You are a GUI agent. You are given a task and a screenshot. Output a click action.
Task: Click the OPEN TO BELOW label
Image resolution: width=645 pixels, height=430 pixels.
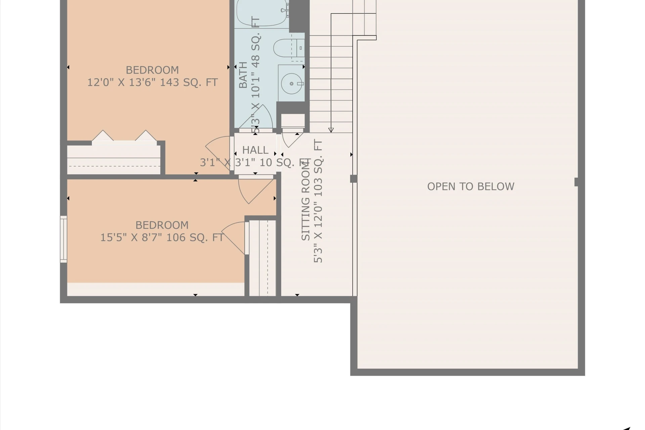471,186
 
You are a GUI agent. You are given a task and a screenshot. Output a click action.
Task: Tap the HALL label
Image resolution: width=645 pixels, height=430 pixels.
255,150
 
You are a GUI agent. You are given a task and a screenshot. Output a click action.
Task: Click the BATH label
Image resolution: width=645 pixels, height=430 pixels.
243,75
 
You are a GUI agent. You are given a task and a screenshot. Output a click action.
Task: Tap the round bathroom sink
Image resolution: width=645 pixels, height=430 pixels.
291,83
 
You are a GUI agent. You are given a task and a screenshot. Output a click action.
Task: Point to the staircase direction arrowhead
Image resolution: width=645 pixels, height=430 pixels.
331,130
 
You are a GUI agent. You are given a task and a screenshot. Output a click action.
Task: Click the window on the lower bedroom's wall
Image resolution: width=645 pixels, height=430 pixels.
63,239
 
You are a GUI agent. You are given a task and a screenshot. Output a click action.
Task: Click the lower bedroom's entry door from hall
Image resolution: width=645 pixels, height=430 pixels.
255,190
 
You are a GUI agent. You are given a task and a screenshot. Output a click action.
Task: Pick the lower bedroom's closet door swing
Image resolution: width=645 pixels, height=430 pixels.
233,237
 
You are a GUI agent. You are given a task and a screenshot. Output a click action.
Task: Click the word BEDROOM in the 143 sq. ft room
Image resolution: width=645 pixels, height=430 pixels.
152,70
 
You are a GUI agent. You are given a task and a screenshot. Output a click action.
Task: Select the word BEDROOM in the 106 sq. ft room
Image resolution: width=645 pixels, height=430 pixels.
162,225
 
